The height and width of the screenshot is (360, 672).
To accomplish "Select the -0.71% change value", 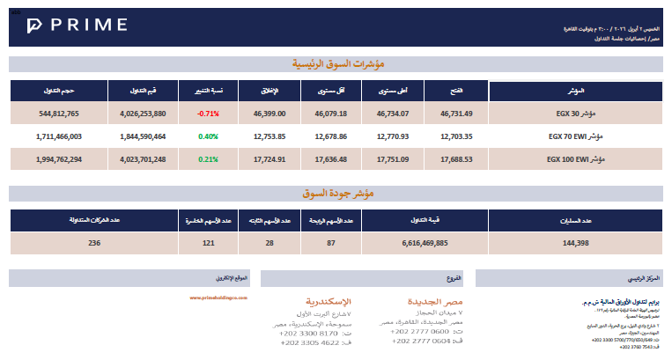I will tap(208, 114).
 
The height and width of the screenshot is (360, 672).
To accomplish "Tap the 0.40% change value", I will tap(208, 136).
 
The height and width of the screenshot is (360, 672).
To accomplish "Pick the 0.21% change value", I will tap(208, 159).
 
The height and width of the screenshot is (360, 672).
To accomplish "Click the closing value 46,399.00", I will tap(269, 114).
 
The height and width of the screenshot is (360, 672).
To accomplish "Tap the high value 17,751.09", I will tap(392, 159).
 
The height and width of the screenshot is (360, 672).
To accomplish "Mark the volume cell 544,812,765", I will tap(60, 114).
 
